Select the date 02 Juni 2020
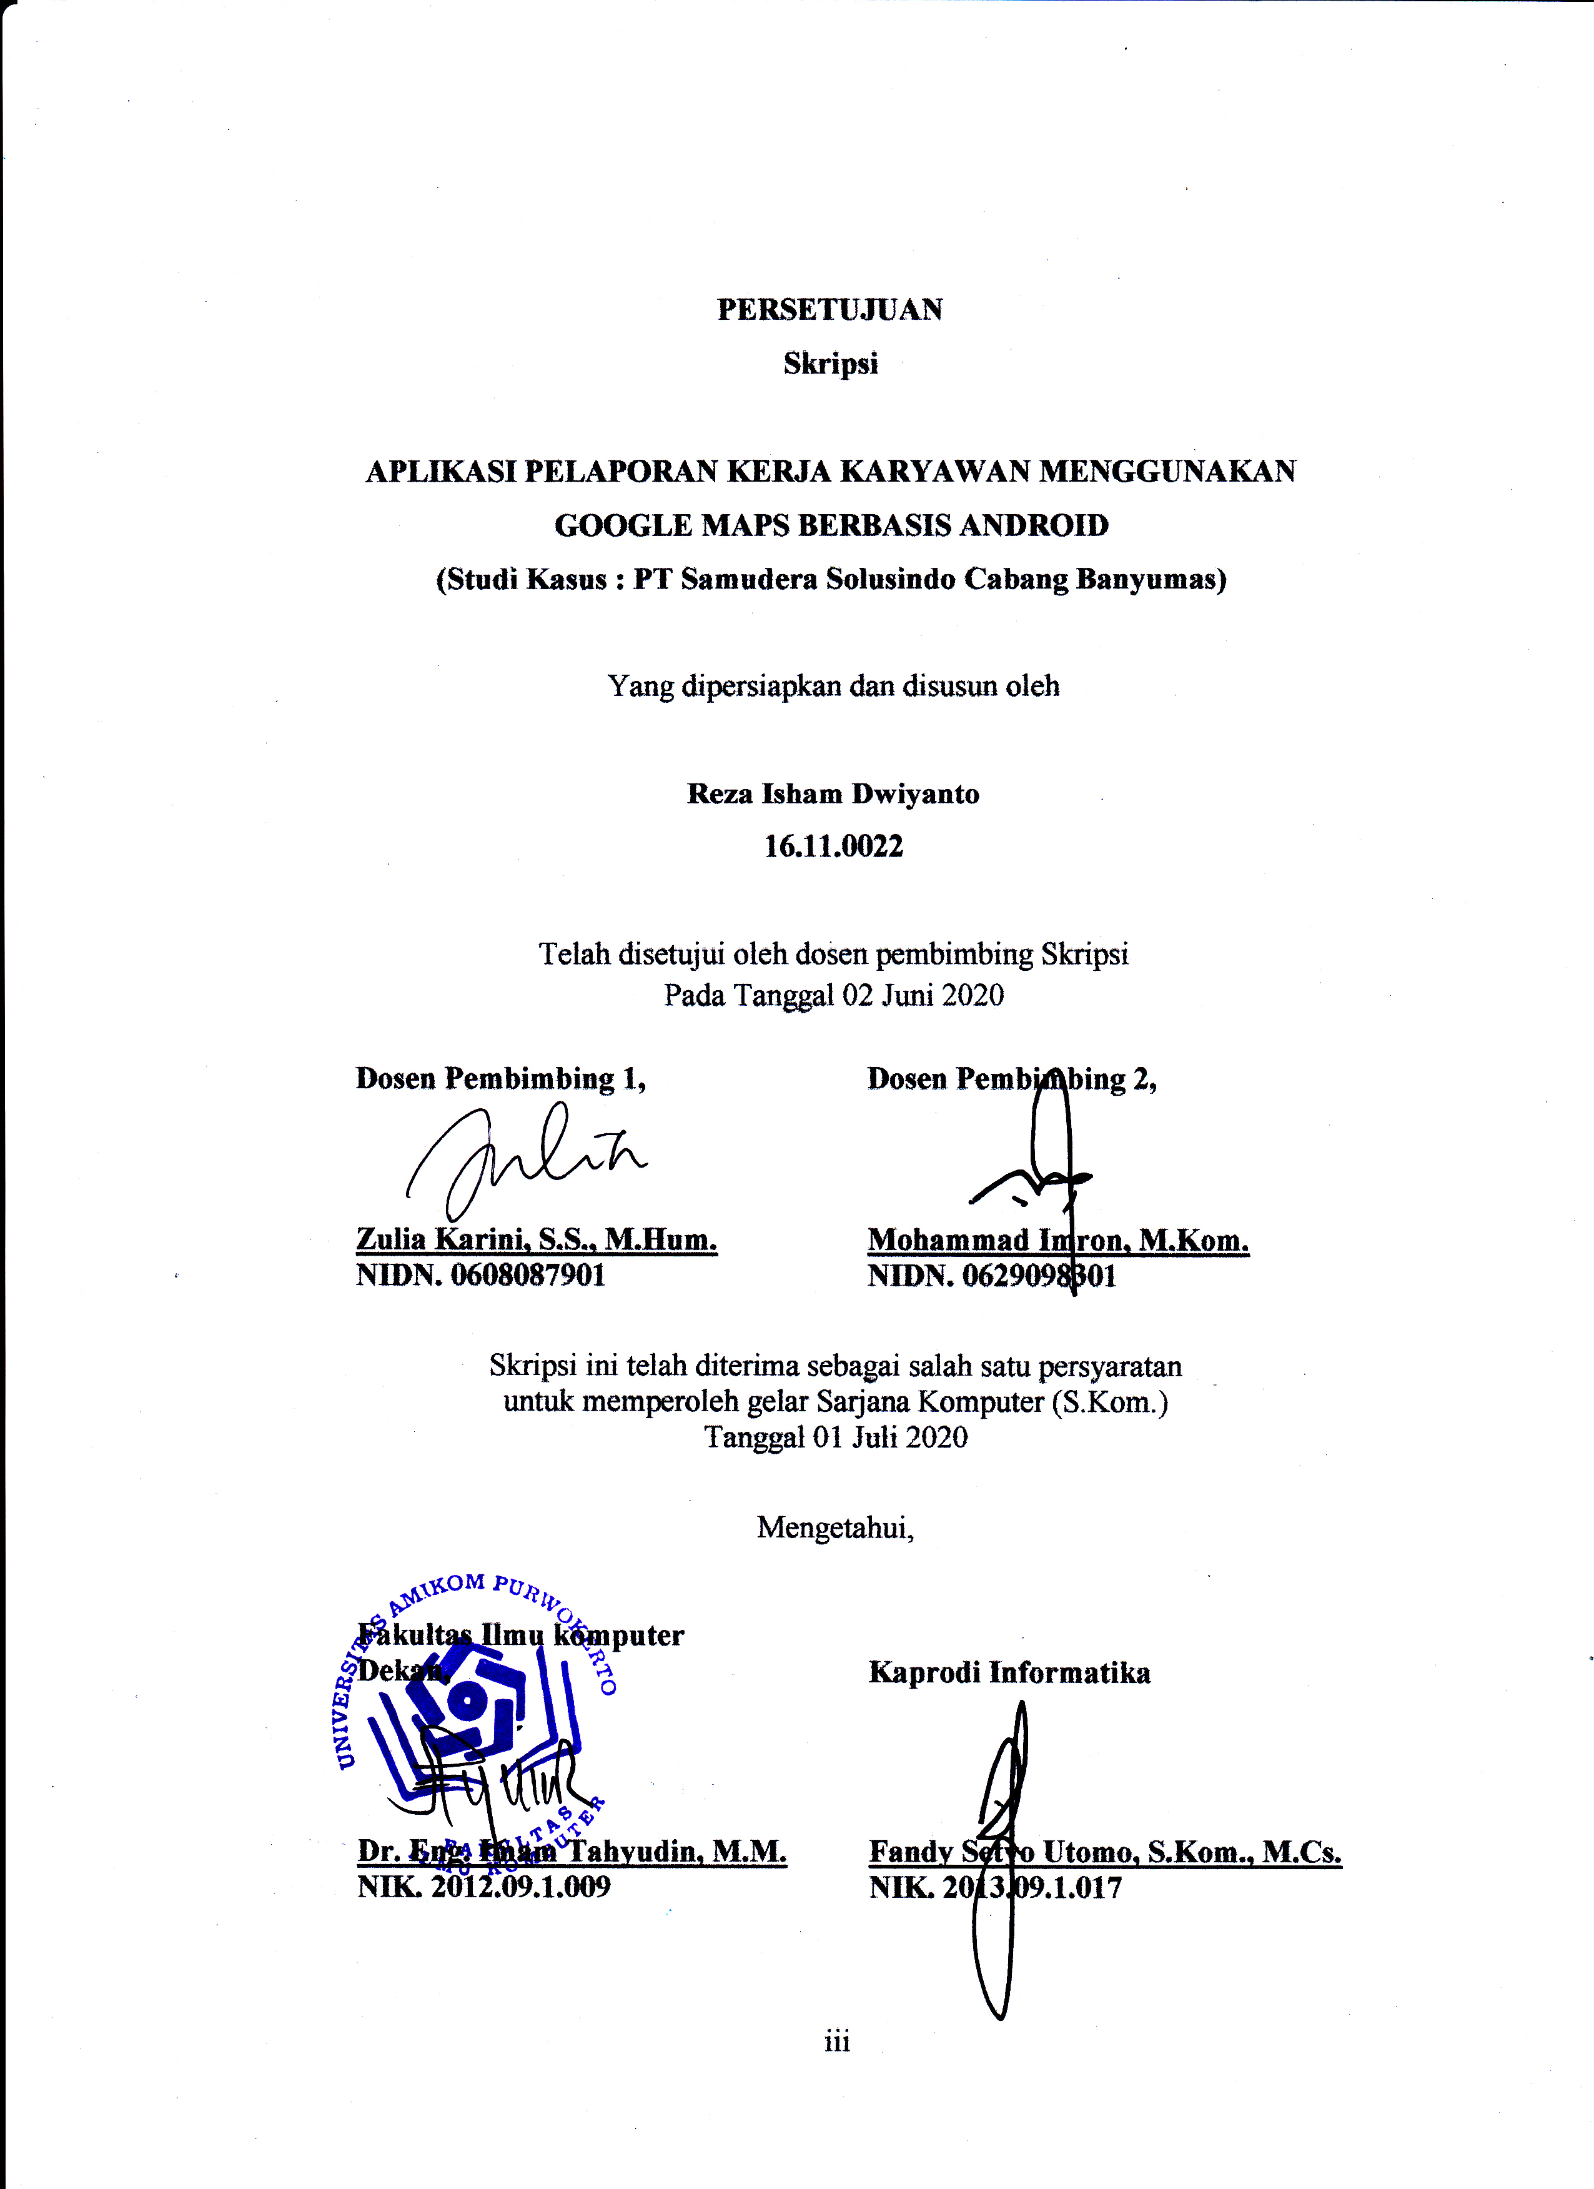click(x=923, y=995)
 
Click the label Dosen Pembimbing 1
click(x=500, y=1078)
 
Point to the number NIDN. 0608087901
click(x=480, y=1275)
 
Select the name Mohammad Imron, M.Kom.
click(x=1057, y=1240)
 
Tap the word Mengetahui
click(x=834, y=1527)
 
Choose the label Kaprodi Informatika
click(x=1009, y=1672)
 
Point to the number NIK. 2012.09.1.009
click(x=483, y=1887)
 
